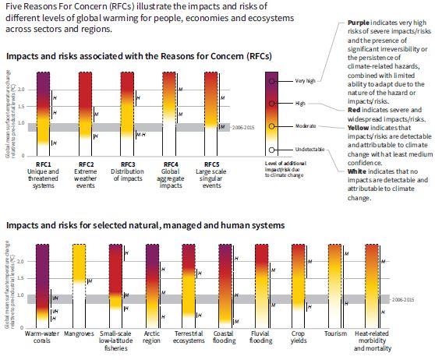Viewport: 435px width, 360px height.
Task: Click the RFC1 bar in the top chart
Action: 44,113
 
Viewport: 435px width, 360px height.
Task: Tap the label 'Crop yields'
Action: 299,341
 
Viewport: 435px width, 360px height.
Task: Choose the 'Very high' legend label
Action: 306,81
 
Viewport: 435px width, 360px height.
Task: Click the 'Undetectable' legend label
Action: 309,150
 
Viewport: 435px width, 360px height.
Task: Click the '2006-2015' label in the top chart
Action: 245,127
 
